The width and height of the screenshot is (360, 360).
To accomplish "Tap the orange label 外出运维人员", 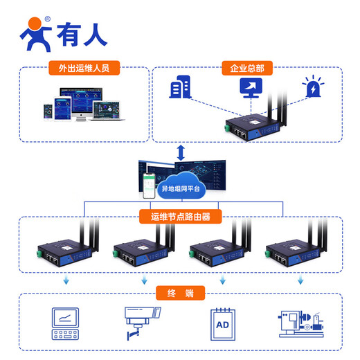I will [84, 69].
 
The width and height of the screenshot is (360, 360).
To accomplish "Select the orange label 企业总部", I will [246, 69].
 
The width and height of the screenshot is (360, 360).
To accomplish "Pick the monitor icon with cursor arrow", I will [250, 87].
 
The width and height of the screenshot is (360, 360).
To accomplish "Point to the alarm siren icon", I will [312, 89].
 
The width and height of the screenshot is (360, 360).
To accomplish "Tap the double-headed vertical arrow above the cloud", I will [181, 152].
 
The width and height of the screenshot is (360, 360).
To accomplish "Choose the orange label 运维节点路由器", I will [180, 217].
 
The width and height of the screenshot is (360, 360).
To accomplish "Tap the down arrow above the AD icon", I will [222, 281].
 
